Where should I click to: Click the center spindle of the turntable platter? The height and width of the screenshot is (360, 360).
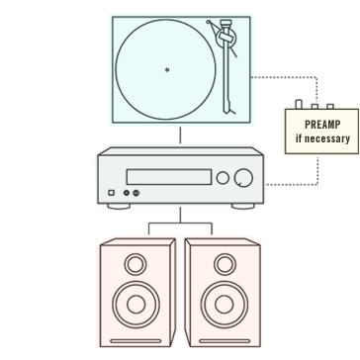(166, 70)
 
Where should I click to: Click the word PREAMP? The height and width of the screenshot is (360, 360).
(321, 126)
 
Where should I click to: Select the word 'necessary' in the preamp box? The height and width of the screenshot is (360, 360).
(329, 138)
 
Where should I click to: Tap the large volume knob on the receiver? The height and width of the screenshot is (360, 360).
(242, 178)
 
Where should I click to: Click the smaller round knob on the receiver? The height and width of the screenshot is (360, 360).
(223, 178)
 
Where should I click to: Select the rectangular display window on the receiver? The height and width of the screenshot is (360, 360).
(169, 178)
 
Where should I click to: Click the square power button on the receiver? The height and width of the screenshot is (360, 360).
(112, 194)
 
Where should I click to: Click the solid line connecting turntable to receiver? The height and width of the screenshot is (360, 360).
(180, 136)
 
